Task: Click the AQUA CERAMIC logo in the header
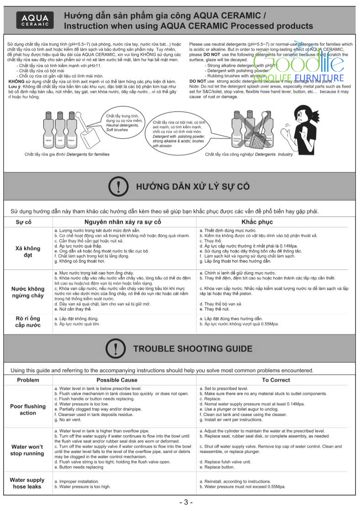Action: [x=36, y=20]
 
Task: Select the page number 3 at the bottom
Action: [x=185, y=502]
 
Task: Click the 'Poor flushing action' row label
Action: [x=28, y=410]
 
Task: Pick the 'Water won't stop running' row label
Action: [x=27, y=450]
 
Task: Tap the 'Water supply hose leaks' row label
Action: [x=27, y=483]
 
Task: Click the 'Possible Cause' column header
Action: [x=116, y=380]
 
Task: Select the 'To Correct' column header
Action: [x=275, y=380]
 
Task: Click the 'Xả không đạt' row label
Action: [x=28, y=252]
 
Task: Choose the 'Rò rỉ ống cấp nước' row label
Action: [x=28, y=321]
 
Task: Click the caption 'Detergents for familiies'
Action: [x=67, y=154]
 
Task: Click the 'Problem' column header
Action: [x=28, y=380]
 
